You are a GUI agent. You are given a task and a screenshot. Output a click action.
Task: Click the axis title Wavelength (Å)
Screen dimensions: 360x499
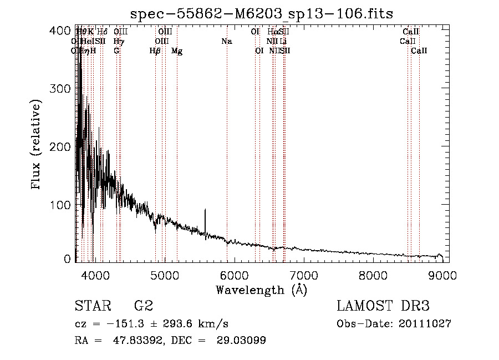click(x=261, y=290)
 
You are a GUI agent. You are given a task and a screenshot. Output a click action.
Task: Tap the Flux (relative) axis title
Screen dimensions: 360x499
click(x=37, y=146)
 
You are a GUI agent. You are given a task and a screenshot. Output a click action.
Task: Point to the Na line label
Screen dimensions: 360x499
click(x=226, y=41)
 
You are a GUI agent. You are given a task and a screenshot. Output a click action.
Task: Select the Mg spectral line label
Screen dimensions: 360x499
click(x=177, y=51)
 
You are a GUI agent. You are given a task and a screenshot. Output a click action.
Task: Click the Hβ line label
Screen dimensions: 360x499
click(x=155, y=51)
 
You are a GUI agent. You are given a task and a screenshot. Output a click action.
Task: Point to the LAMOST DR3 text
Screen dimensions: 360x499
click(x=383, y=306)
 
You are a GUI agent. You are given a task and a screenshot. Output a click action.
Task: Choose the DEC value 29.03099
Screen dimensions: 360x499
click(x=242, y=341)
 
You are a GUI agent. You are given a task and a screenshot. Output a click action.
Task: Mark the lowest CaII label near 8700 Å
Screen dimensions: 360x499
click(x=419, y=51)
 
